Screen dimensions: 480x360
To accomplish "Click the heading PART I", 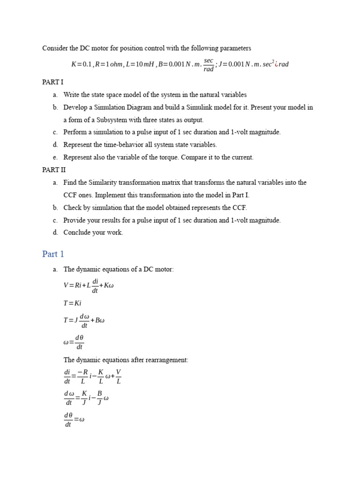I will click(x=52, y=82).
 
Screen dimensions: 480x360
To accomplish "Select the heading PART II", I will click(x=53, y=170).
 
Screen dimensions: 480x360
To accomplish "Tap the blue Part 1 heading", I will click(x=53, y=254).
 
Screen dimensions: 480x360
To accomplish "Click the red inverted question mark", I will click(x=277, y=64).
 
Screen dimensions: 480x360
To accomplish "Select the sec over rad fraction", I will click(x=209, y=65).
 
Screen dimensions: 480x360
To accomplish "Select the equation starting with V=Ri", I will click(x=89, y=285).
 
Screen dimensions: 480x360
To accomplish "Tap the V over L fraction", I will click(x=118, y=376).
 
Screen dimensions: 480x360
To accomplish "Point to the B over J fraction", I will click(x=99, y=398).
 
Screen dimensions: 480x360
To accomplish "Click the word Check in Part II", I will click(x=73, y=208).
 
